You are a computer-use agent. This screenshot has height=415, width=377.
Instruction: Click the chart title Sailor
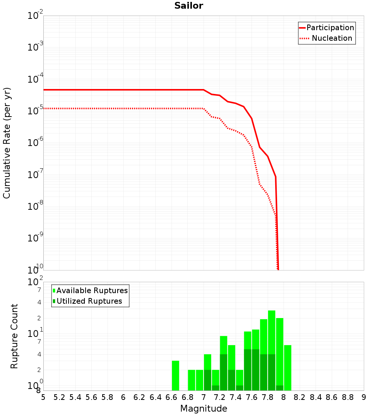pos(188,6)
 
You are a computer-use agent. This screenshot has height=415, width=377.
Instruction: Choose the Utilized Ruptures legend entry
pos(89,301)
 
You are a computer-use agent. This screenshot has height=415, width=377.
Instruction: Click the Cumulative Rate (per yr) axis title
pos(7,143)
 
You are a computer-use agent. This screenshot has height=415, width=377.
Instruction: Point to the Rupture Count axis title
pos(14,336)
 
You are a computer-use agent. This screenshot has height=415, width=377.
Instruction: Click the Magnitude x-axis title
pos(204,409)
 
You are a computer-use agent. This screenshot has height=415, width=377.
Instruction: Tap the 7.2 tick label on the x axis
pos(220,397)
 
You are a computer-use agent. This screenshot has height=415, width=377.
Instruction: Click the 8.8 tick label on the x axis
pos(348,397)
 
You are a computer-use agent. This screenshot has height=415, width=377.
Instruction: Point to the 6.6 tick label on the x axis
pos(172,397)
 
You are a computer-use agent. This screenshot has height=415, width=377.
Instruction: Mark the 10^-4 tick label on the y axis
pos(35,79)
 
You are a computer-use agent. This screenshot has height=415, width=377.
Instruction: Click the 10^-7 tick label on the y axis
pos(35,175)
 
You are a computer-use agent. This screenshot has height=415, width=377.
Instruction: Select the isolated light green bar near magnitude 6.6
pos(175,376)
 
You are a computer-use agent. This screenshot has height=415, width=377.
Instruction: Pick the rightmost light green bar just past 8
pos(288,368)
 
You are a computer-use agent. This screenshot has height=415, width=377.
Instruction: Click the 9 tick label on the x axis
pos(364,397)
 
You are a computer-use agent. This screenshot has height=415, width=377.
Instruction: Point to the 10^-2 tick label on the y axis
pos(35,16)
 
